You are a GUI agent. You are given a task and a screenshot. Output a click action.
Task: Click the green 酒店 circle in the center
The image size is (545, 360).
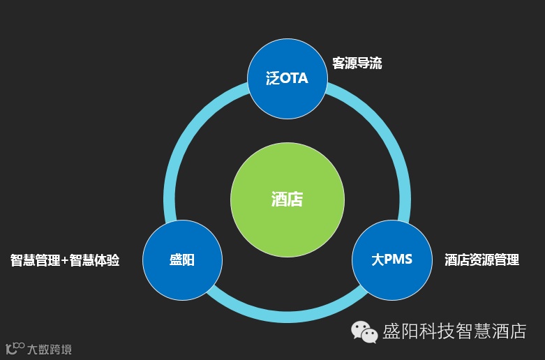[287, 200]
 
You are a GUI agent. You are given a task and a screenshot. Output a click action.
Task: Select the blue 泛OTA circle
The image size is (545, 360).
[287, 78]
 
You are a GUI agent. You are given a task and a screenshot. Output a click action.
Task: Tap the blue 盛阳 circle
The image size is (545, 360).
[182, 260]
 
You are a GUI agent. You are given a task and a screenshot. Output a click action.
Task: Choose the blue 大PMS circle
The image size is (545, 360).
[391, 260]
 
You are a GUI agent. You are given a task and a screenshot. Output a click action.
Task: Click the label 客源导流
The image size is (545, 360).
[357, 63]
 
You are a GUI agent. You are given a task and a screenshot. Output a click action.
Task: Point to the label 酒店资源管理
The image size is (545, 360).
[481, 260]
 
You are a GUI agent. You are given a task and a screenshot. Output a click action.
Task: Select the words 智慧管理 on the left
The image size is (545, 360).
[36, 260]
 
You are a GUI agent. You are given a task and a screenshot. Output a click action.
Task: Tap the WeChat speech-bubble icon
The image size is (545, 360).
[364, 331]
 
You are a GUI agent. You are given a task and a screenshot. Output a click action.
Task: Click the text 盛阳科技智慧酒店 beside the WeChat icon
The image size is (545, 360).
[454, 331]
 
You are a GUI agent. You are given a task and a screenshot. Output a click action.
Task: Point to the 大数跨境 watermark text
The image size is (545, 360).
[49, 349]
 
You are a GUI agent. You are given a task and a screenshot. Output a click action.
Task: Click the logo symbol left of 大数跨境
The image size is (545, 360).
[15, 348]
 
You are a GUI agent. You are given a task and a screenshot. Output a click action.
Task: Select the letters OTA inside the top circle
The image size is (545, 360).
[294, 78]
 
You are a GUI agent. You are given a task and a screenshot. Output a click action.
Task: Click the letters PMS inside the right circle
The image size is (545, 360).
[398, 260]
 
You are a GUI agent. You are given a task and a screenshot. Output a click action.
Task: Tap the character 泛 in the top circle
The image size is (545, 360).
[272, 78]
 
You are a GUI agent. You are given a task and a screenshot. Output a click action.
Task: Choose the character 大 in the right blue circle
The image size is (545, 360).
[378, 260]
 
